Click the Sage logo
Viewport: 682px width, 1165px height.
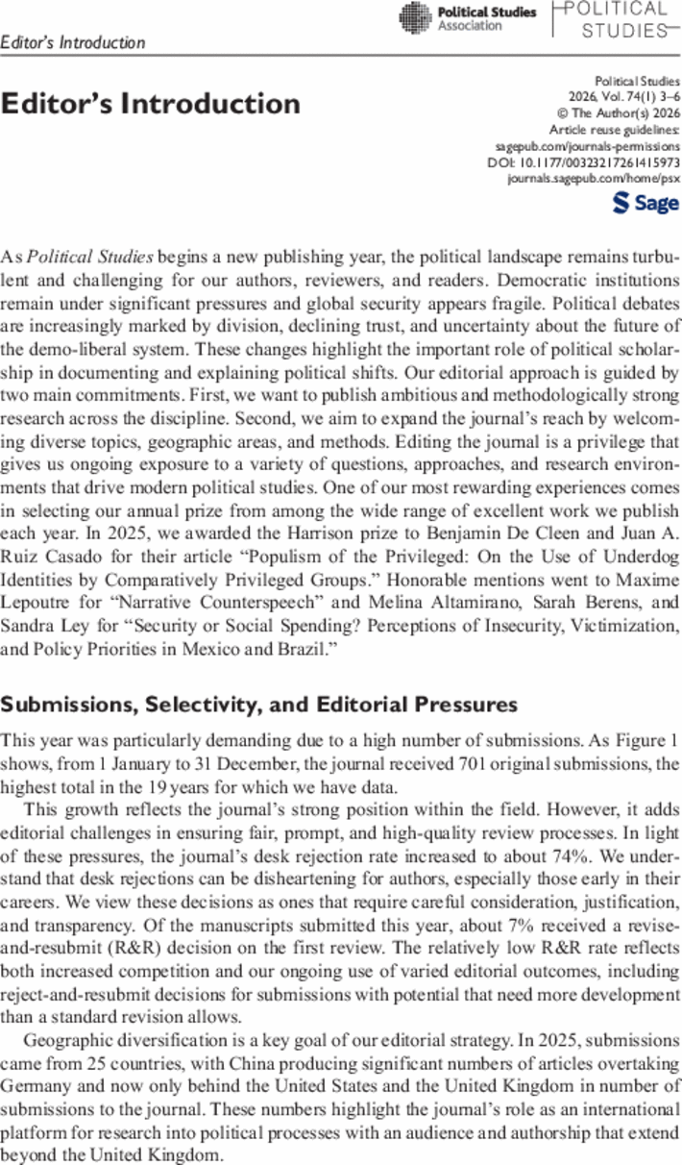pyautogui.click(x=645, y=203)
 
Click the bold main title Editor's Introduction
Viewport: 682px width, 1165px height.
pyautogui.click(x=151, y=103)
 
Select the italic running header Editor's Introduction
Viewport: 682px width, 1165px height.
pyautogui.click(x=73, y=42)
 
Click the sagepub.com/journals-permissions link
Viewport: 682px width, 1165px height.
pyautogui.click(x=586, y=146)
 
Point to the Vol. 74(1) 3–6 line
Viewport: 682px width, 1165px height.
pyautogui.click(x=623, y=96)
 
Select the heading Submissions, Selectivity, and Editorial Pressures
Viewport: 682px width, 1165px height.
pyautogui.click(x=259, y=706)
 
